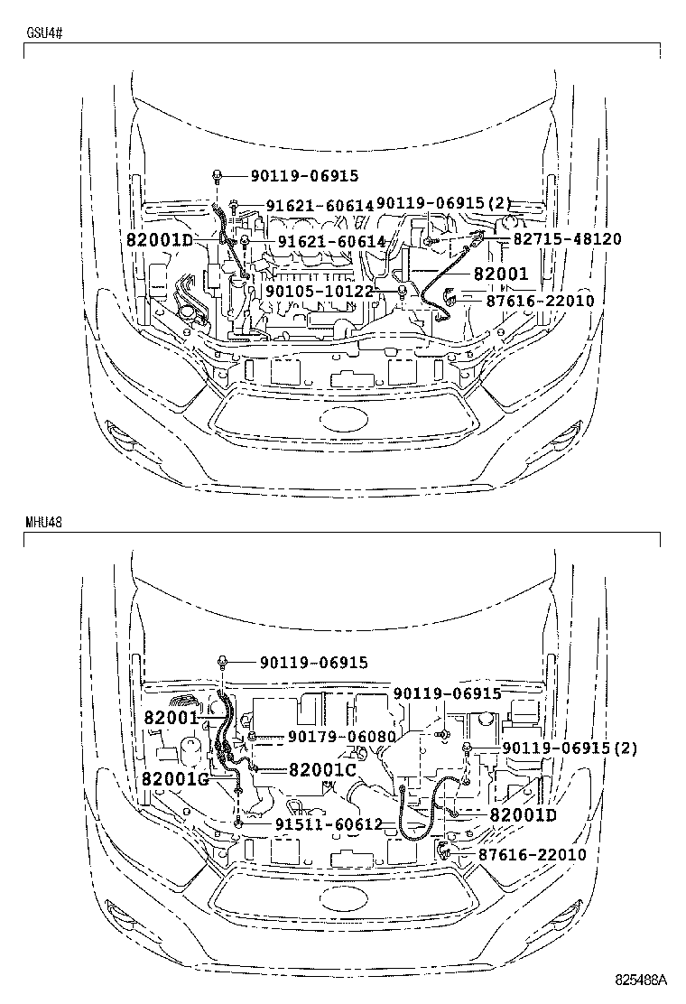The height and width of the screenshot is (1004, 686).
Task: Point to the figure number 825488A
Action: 641,980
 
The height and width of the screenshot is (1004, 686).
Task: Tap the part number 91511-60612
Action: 329,824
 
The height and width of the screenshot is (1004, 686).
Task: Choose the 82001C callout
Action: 323,769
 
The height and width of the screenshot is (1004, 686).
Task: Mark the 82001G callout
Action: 175,779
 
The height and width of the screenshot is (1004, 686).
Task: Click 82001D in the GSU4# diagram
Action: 160,240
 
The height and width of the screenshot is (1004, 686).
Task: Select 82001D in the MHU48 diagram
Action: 524,814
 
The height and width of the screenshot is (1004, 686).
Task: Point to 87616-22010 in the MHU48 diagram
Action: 533,854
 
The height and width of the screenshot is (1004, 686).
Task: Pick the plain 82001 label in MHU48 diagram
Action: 170,718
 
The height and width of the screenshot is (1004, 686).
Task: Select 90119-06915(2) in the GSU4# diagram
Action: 443,204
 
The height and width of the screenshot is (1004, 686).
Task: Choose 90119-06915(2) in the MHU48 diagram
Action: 570,748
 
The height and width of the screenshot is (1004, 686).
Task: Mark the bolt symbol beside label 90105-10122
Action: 403,290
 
